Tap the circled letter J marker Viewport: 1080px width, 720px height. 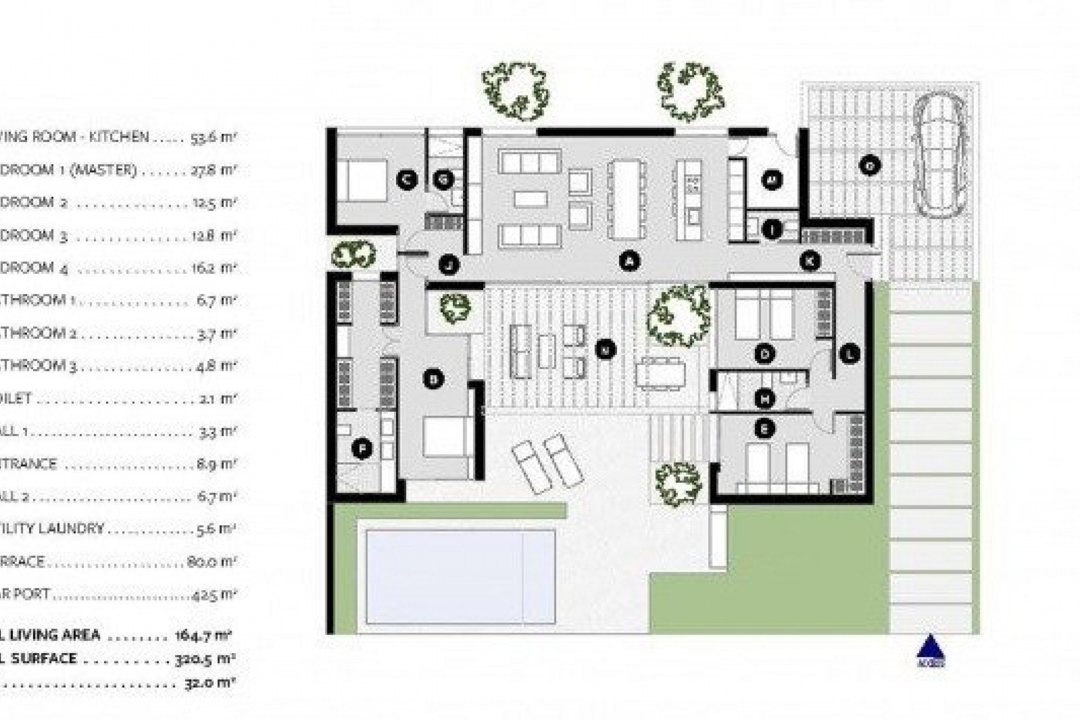pos(449,264)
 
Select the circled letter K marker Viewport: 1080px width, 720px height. pos(810,261)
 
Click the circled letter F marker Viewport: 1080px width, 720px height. pos(362,449)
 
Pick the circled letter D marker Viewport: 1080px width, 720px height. pos(764,354)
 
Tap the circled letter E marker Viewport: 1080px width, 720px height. pos(764,429)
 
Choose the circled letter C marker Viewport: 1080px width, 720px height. pos(406,179)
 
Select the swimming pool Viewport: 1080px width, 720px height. pos(460,577)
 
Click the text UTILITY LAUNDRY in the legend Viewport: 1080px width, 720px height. pos(56,529)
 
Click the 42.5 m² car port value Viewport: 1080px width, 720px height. pos(213,594)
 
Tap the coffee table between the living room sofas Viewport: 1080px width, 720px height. pos(530,199)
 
